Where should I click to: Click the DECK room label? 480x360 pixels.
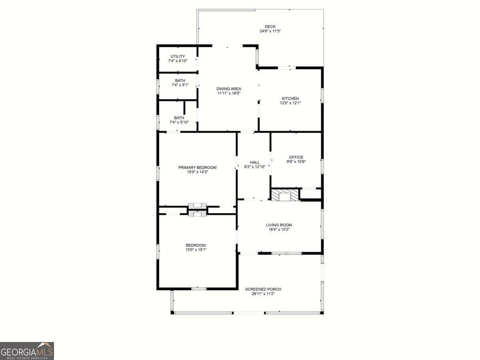click(x=270, y=27)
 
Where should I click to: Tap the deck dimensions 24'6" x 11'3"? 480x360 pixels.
click(x=270, y=31)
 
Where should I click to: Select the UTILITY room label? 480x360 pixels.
click(x=178, y=56)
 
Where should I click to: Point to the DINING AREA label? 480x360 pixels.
click(x=229, y=89)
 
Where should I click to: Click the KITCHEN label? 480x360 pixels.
click(x=290, y=98)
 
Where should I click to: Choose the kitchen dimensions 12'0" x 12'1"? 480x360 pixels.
click(x=290, y=103)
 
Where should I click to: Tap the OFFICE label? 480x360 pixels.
click(x=296, y=157)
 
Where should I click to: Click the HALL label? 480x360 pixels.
click(x=255, y=162)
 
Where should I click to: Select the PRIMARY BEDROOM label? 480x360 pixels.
click(x=197, y=168)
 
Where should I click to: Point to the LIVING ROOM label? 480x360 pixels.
click(x=279, y=225)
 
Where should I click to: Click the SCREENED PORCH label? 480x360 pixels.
click(x=263, y=289)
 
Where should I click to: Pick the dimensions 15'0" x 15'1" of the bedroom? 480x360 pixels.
click(x=196, y=250)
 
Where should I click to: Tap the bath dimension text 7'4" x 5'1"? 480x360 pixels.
click(x=180, y=85)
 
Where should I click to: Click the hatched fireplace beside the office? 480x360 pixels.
click(x=285, y=195)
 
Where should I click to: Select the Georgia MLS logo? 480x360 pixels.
click(x=27, y=351)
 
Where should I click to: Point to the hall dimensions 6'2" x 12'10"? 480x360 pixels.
click(x=255, y=166)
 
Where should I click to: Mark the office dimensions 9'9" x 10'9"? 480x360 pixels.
click(x=296, y=162)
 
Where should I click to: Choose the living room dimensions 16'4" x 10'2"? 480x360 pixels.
click(x=279, y=229)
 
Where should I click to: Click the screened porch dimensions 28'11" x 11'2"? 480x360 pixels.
click(x=263, y=294)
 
